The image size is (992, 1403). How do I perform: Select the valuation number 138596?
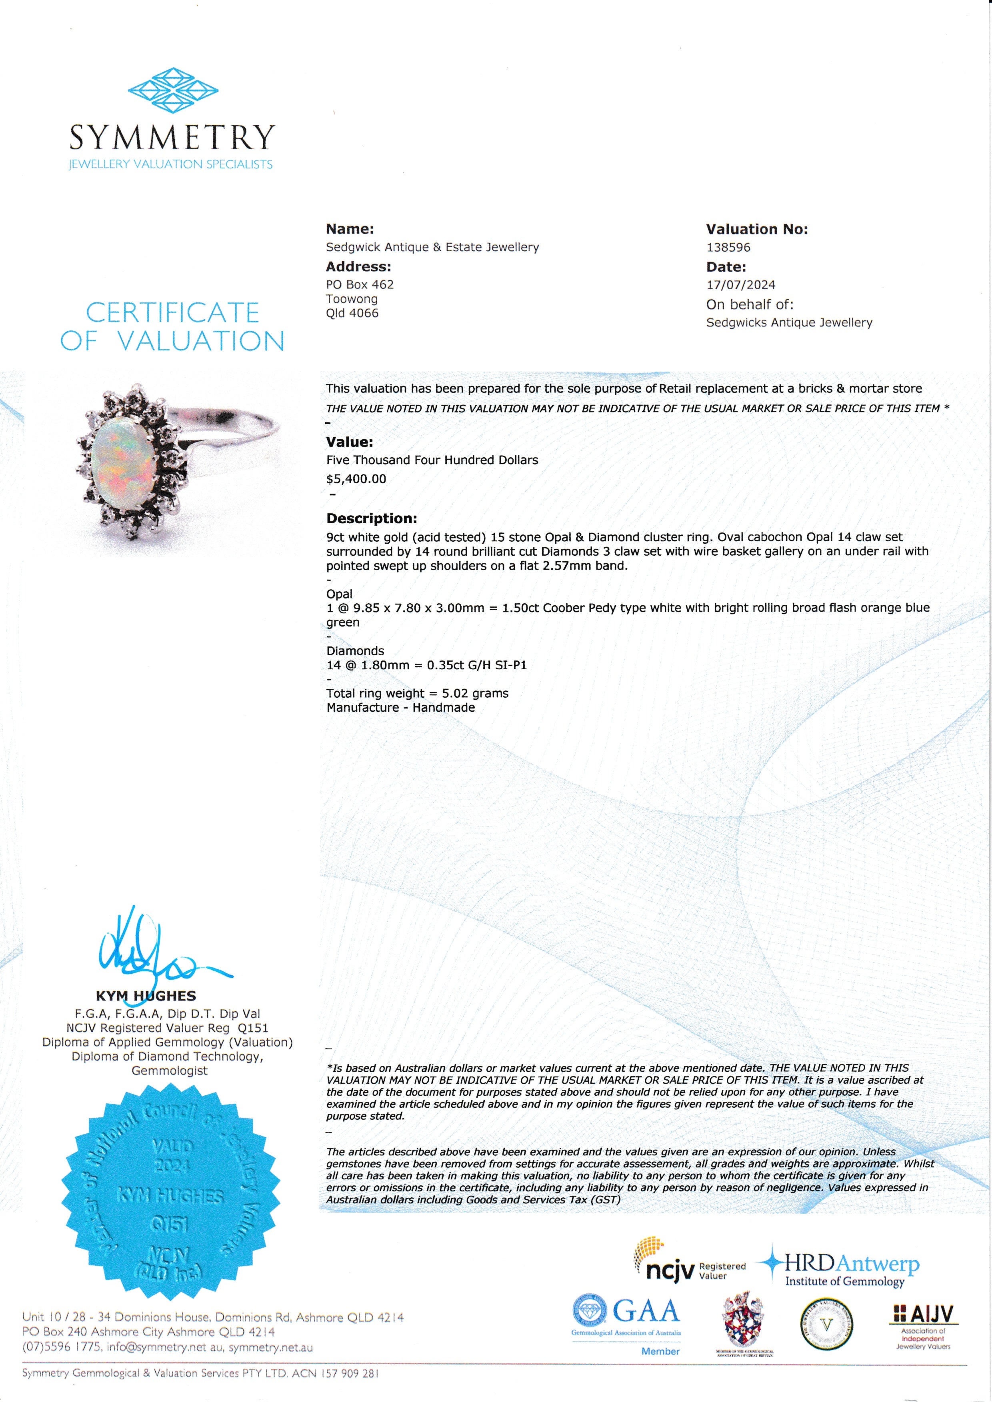(x=728, y=248)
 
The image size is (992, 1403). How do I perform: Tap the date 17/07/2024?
(x=740, y=285)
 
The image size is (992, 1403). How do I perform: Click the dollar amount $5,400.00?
(x=356, y=479)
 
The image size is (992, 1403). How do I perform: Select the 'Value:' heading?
(x=349, y=442)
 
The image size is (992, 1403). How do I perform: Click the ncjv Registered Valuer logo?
(x=690, y=1264)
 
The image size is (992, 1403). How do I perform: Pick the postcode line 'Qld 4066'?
(x=352, y=314)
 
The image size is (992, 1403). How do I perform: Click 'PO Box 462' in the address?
(x=359, y=285)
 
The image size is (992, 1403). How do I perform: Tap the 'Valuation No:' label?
(x=756, y=229)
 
